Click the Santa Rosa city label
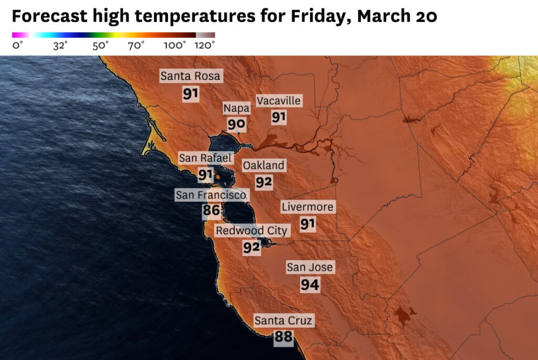pyautogui.click(x=191, y=76)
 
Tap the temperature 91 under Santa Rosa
pyautogui.click(x=191, y=95)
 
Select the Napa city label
pyautogui.click(x=236, y=108)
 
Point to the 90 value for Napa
pyautogui.click(x=236, y=125)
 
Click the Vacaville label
pyautogui.click(x=278, y=100)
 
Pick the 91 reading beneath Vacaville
pyautogui.click(x=279, y=117)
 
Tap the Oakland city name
pyautogui.click(x=263, y=166)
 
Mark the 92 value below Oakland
pyautogui.click(x=264, y=182)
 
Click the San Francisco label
pyautogui.click(x=211, y=196)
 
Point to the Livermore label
pyautogui.click(x=307, y=207)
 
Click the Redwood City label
pyautogui.click(x=252, y=231)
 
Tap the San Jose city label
pyautogui.click(x=309, y=268)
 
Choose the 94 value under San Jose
pyautogui.click(x=310, y=285)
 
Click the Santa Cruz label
pyautogui.click(x=283, y=320)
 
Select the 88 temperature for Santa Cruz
pyautogui.click(x=283, y=337)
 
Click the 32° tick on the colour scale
pyautogui.click(x=60, y=46)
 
